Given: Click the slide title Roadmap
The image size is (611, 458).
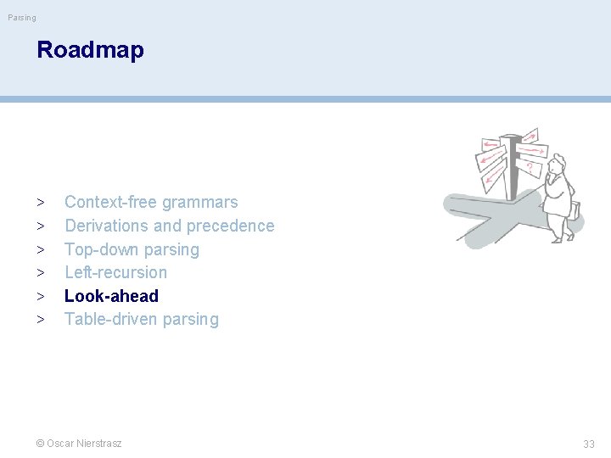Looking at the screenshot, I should pyautogui.click(x=90, y=50).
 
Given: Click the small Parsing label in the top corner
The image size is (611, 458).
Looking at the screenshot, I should pyautogui.click(x=22, y=17).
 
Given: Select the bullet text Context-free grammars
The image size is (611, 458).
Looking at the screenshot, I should pyautogui.click(x=151, y=202).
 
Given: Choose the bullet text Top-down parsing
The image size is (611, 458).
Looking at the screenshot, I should pyautogui.click(x=132, y=249).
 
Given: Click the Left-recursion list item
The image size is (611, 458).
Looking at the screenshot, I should pyautogui.click(x=115, y=272).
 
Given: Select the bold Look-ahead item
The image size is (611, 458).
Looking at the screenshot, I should pyautogui.click(x=111, y=296).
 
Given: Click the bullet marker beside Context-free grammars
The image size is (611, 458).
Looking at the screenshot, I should pyautogui.click(x=40, y=203).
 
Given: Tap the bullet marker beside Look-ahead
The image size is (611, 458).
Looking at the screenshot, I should pyautogui.click(x=40, y=297).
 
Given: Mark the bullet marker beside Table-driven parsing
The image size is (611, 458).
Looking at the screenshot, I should pyautogui.click(x=40, y=320).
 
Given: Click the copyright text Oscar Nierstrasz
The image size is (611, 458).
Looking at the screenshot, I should pyautogui.click(x=79, y=443).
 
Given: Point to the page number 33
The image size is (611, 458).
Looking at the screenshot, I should pyautogui.click(x=588, y=444).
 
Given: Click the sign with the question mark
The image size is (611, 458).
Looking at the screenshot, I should pyautogui.click(x=530, y=165).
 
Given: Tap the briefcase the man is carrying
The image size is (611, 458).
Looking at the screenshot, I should pyautogui.click(x=576, y=209).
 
